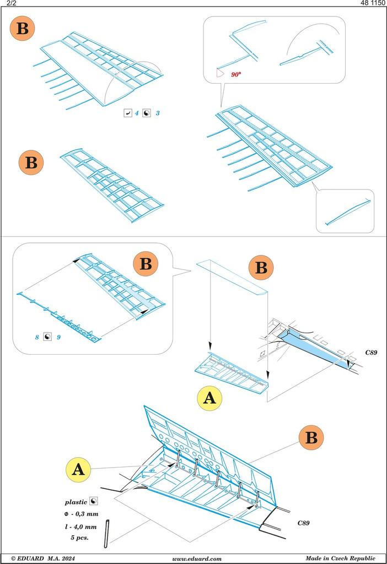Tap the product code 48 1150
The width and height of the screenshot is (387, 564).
click(373, 3)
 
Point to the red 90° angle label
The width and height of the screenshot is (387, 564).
click(236, 74)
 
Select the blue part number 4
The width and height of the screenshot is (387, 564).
click(137, 113)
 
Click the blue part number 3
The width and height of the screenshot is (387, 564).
click(158, 113)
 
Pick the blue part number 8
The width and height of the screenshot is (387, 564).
click(37, 337)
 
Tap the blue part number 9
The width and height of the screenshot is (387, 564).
click(58, 337)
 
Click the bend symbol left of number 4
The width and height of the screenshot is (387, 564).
click(128, 113)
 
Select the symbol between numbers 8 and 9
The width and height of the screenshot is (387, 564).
click(47, 337)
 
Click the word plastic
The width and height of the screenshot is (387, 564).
click(76, 502)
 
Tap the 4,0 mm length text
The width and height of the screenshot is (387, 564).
click(81, 527)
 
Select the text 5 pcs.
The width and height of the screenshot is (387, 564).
click(80, 538)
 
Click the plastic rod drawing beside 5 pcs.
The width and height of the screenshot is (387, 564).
click(107, 534)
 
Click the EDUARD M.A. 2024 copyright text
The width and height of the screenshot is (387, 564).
click(43, 558)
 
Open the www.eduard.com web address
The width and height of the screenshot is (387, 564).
click(197, 558)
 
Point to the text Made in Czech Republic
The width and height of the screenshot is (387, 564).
click(341, 558)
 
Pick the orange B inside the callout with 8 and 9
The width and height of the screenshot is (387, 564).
click(146, 264)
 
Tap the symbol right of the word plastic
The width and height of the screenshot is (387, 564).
click(94, 501)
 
